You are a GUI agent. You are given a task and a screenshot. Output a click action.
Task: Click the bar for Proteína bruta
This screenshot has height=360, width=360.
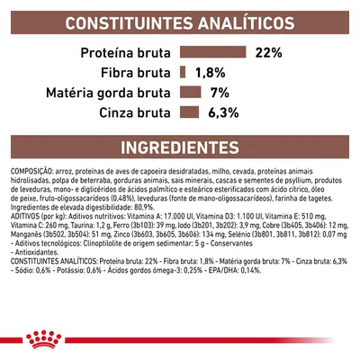tap(212, 52)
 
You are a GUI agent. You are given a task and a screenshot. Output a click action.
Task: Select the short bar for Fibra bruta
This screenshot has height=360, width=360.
tap(182, 72)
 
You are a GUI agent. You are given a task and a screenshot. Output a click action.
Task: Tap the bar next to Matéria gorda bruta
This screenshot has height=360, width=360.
tap(189, 92)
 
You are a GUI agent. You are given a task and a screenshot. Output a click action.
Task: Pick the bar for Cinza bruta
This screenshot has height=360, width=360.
tap(187, 112)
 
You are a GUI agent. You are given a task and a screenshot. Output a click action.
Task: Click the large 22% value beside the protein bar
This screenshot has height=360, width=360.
tap(270, 52)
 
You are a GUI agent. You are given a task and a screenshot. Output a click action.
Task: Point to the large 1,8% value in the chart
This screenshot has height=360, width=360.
tap(211, 72)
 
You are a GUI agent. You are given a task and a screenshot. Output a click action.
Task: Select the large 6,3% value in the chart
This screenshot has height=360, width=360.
tap(223, 112)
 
